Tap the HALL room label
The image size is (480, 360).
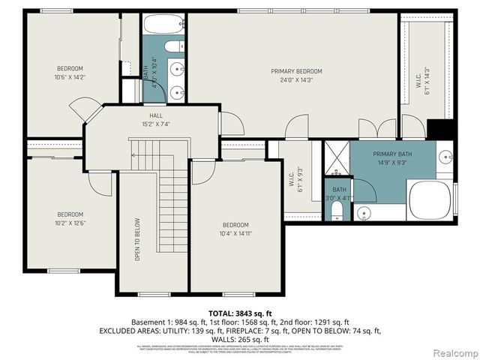click(x=156, y=115)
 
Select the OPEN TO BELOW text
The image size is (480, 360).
click(x=137, y=240)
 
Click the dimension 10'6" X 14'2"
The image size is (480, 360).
click(x=70, y=77)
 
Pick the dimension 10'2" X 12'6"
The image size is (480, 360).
click(x=70, y=223)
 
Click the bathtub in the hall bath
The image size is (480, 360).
click(x=164, y=24)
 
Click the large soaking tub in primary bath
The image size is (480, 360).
click(x=430, y=199)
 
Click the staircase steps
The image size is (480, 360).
click(x=173, y=202)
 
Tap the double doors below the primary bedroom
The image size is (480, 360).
click(x=377, y=128)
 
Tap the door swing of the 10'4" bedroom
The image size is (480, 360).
click(x=201, y=172)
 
